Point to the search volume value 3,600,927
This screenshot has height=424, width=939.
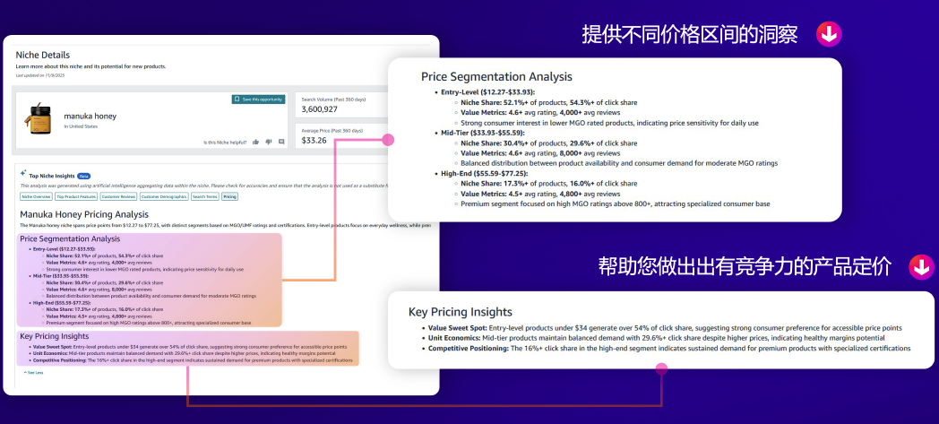pos(319,108)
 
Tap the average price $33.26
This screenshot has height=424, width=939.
pos(314,140)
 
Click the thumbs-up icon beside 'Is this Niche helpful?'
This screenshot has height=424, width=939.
pos(256,142)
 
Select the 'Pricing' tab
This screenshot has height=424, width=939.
pos(230,196)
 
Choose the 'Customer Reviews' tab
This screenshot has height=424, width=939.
pos(117,196)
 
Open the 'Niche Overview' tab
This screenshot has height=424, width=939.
pos(36,196)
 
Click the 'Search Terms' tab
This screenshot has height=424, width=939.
pos(204,196)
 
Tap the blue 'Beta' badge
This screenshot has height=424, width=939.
pos(83,177)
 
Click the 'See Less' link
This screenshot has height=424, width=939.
pos(34,372)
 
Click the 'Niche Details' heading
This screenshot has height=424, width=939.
pos(42,56)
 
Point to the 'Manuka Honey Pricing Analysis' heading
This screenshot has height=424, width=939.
pos(83,214)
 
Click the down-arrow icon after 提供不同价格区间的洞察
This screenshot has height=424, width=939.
pos(828,35)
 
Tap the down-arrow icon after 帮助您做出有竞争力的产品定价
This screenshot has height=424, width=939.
pos(920,266)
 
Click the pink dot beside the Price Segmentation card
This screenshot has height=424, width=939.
pos(388,140)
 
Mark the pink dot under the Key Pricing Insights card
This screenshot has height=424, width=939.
pos(661,368)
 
